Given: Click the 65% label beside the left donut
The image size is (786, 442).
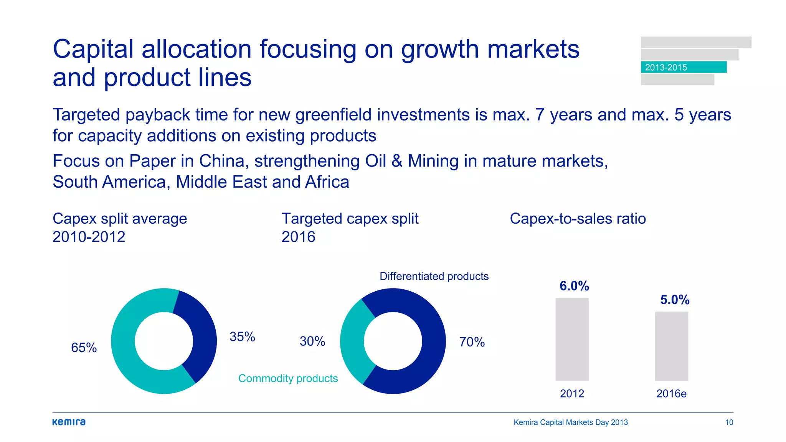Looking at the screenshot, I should click(84, 348).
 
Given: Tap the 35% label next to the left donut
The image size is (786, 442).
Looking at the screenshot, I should click(242, 337).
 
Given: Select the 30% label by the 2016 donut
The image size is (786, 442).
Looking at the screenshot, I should click(312, 341).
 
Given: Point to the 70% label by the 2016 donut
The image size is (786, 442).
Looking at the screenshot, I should click(472, 342).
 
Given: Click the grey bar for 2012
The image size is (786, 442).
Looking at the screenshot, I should click(572, 339).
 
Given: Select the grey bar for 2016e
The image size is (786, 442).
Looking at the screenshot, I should click(671, 346).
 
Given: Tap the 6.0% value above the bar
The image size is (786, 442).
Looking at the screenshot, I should click(574, 286).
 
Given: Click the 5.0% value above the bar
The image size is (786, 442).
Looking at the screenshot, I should click(675, 300).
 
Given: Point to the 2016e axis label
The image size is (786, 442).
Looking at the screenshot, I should click(671, 394).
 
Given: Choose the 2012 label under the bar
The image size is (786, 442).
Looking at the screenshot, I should click(572, 394).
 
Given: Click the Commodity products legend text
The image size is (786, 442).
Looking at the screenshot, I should click(288, 378).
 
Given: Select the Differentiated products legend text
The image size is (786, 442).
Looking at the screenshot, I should click(434, 276).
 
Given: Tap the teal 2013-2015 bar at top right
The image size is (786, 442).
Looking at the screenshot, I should click(684, 67).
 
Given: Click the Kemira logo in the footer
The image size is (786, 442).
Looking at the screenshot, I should click(69, 422).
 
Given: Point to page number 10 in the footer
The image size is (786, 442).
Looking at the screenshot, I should click(729, 422).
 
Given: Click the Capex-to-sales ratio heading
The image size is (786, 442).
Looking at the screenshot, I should click(578, 219).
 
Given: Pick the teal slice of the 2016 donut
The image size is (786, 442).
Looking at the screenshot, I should click(352, 341).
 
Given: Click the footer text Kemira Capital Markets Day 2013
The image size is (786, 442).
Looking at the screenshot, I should click(571, 422).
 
